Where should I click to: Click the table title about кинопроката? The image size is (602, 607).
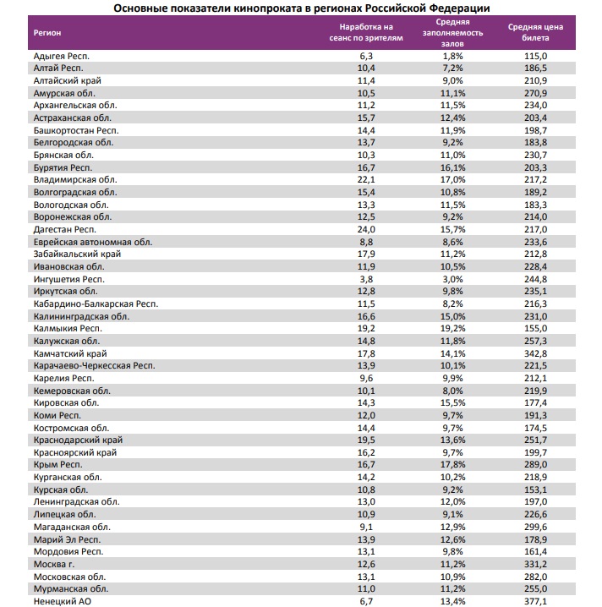301,8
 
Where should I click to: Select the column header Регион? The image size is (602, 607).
47,32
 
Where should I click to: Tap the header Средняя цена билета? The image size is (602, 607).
535,32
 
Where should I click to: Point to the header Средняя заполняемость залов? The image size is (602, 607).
453,32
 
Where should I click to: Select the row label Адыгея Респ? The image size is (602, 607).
61,55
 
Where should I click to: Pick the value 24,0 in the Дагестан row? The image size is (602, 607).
366,229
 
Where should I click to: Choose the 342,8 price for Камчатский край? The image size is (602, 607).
535,353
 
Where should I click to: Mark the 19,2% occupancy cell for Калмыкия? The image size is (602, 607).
453,328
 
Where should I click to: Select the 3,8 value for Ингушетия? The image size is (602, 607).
366,279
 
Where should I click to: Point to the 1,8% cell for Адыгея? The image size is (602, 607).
453,55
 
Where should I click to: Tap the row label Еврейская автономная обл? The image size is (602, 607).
92,242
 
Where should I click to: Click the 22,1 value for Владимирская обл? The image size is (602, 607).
366,179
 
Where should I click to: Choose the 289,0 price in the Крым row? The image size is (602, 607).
535,464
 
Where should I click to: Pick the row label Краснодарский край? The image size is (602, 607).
78,440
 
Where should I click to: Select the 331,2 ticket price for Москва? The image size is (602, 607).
535,563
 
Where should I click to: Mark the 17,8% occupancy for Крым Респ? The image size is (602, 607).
453,464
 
